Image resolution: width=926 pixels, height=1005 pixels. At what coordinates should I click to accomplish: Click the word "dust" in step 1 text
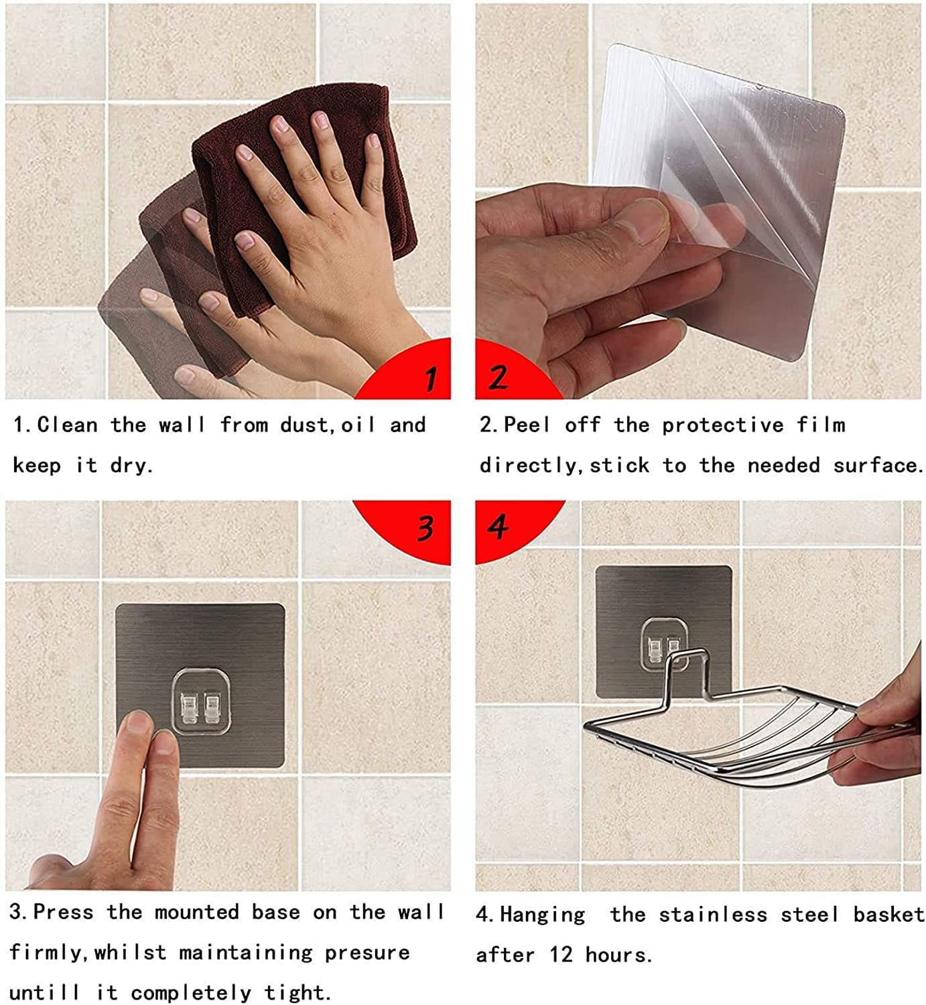305,425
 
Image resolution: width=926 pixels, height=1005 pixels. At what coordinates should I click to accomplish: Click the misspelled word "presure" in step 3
367,953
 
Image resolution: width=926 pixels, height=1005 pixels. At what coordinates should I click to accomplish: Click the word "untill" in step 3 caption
44,993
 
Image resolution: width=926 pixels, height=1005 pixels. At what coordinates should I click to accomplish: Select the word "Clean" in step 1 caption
67,425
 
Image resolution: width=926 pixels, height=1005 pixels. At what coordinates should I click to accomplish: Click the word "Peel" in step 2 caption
527,425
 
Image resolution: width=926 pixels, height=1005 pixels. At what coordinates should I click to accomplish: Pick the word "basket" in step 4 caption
888,915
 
